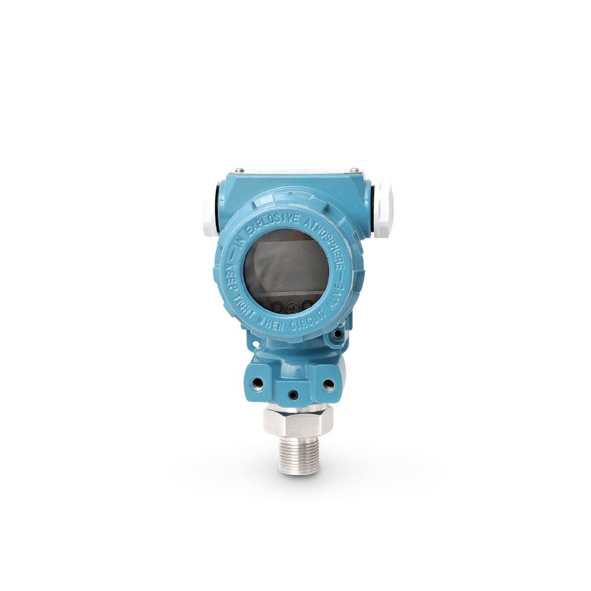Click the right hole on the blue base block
(x=329, y=385)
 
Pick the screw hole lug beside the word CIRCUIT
(x=337, y=335)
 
